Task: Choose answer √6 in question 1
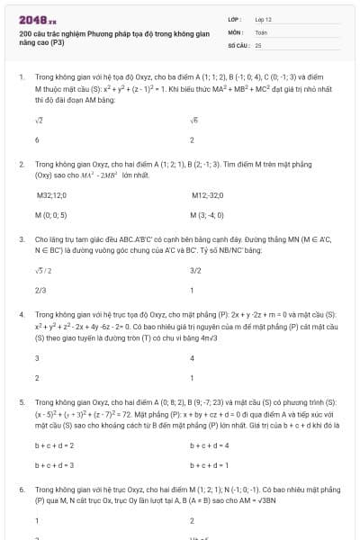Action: (194, 120)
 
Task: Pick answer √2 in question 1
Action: (39, 120)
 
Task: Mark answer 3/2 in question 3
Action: (195, 270)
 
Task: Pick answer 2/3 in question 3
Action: (40, 291)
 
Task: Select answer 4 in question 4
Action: (193, 357)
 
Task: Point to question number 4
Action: (22, 315)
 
